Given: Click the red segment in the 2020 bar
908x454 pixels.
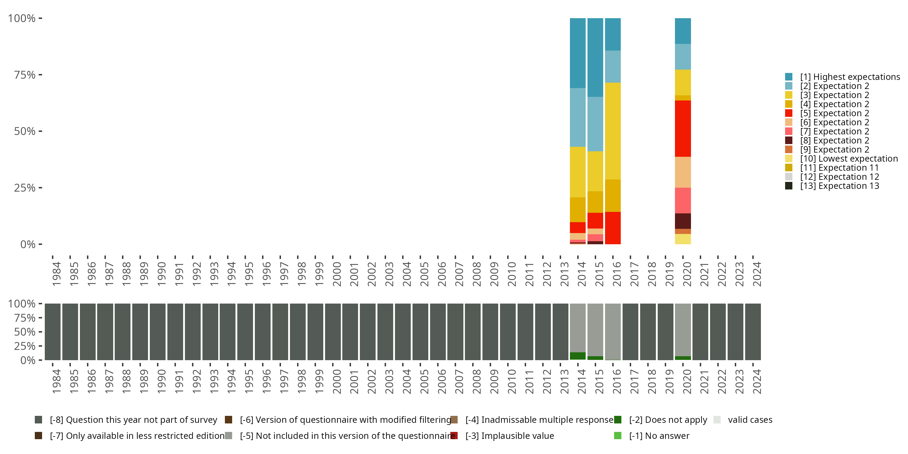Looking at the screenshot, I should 683,129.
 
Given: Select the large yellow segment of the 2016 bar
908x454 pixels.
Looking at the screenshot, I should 613,131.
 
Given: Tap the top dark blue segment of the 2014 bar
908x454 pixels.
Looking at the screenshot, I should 577,53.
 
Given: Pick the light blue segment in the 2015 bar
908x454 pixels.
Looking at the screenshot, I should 595,124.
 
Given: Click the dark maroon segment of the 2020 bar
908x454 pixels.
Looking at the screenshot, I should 683,221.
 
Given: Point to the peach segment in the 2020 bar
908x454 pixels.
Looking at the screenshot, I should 683,172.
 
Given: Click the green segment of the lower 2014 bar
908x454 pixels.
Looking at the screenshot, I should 577,356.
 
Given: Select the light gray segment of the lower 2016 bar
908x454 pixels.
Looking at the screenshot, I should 613,331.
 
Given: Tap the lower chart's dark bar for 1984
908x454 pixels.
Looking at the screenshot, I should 53,331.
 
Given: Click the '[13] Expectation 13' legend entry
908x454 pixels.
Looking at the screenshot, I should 839,186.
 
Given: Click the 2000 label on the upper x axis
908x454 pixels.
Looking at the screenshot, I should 337,274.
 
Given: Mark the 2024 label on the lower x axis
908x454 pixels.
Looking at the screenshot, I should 757,382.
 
